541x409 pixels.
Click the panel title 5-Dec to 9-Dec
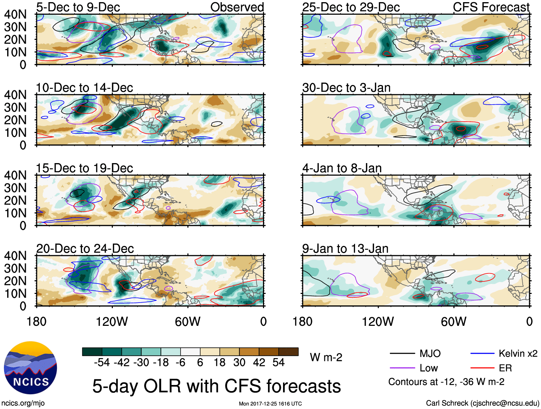pos(78,7)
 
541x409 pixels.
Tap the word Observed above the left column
pos(237,7)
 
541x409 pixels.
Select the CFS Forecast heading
pos(491,7)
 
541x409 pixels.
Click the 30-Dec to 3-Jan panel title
pos(346,88)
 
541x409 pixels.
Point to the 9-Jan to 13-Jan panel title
pos(345,249)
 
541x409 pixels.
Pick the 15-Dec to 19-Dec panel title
pos(84,168)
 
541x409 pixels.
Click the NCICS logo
pos(30,368)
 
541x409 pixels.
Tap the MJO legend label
pos(430,354)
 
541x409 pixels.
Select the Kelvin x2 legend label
pos(518,354)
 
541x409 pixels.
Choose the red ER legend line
pos(482,368)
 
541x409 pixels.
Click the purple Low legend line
pos(402,368)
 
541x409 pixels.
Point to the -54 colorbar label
pos(102,363)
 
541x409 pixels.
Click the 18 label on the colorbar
pos(220,363)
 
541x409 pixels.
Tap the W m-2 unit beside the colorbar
pos(326,357)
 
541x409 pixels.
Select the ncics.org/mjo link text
pos(23,403)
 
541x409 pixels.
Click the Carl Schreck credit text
pos(482,403)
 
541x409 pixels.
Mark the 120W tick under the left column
pos(112,322)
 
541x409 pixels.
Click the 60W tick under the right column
pos(454,322)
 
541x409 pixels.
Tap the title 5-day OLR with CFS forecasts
pos(216,386)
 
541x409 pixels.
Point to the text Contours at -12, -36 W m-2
pos(446,382)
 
